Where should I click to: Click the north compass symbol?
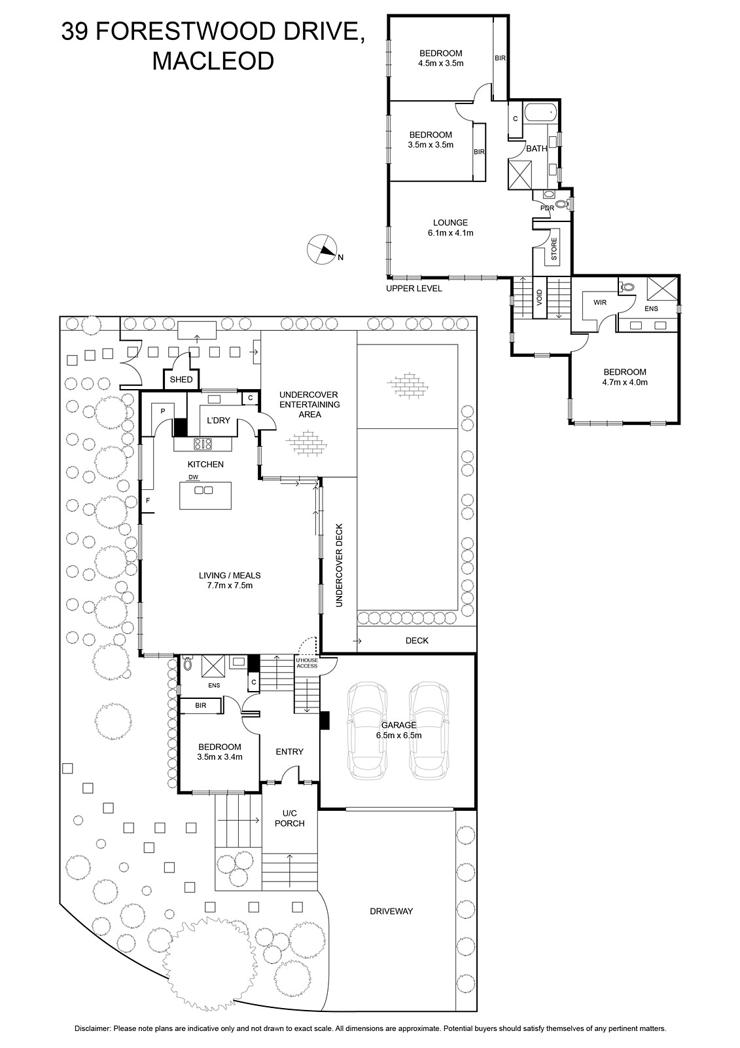tap(321, 249)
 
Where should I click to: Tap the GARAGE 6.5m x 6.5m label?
tap(398, 730)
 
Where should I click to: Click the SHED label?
tap(181, 379)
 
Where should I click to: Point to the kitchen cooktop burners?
tap(202, 444)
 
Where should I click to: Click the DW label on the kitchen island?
tap(193, 477)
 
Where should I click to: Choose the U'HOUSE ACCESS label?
tap(307, 663)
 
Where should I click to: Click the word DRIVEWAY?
tap(391, 911)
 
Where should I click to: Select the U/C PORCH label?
tap(289, 818)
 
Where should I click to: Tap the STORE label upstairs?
tap(554, 250)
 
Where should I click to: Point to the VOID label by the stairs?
tap(540, 297)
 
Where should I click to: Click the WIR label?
tap(600, 303)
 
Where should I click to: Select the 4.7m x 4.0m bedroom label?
tap(625, 377)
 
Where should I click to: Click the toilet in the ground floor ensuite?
tap(188, 664)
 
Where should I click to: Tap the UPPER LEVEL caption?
tap(414, 288)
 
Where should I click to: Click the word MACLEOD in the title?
tap(213, 61)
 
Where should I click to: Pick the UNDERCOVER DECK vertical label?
tap(340, 565)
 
